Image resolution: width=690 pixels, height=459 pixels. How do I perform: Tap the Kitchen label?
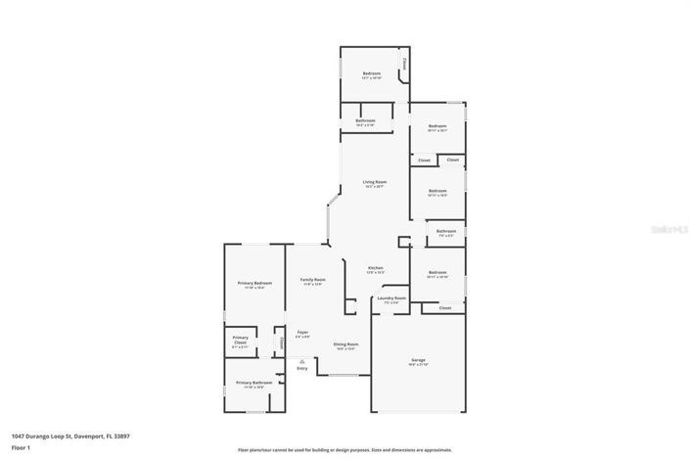(375, 268)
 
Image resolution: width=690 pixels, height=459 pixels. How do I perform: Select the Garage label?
(418, 361)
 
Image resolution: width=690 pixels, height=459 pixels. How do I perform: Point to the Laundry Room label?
(391, 298)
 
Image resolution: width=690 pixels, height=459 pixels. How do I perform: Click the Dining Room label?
(345, 344)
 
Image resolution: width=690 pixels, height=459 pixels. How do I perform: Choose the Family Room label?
(312, 280)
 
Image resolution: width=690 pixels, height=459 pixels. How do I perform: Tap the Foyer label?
(302, 333)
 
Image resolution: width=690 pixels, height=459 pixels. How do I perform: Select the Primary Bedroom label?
(254, 283)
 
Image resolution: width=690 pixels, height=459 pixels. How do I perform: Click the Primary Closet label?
(240, 341)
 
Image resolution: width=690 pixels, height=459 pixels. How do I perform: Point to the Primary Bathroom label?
(254, 383)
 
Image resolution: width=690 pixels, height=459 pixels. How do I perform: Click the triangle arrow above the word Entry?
(301, 361)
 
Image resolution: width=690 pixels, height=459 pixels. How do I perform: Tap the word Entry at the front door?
(301, 368)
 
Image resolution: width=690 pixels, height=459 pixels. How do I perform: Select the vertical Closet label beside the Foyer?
(282, 343)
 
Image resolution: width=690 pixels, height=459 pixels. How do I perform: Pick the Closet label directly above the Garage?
(444, 307)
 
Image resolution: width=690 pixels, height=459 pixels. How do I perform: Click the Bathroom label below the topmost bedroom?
(365, 121)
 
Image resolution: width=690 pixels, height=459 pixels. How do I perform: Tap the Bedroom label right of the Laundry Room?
(437, 273)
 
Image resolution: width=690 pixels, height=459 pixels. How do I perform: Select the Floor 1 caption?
(22, 447)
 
